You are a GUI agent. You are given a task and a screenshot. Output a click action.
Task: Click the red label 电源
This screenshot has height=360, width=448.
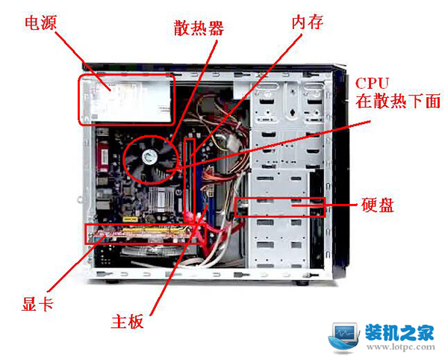pyautogui.click(x=41, y=23)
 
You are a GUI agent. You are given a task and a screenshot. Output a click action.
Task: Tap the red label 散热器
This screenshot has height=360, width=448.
pyautogui.click(x=199, y=28)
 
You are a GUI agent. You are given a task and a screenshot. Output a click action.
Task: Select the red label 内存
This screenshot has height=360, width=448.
pyautogui.click(x=308, y=22)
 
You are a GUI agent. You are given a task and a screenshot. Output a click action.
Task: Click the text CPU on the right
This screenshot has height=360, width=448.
pyautogui.click(x=372, y=84)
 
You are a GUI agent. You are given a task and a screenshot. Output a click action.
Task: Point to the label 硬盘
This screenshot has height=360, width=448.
pyautogui.click(x=378, y=205)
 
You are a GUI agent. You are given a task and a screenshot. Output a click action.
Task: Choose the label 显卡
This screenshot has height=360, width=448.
pyautogui.click(x=37, y=303)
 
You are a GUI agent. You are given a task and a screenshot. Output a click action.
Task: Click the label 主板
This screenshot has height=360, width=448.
pyautogui.click(x=128, y=322)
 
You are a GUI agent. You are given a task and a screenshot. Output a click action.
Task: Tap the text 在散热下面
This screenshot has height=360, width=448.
pyautogui.click(x=398, y=101)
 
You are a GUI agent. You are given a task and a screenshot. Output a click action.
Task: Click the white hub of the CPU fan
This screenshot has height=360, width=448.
pyautogui.click(x=150, y=157)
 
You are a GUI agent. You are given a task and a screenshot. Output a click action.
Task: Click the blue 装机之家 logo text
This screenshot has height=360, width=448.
pyautogui.click(x=399, y=332)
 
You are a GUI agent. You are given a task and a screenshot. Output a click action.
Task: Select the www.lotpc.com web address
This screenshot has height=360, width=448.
pyautogui.click(x=401, y=347)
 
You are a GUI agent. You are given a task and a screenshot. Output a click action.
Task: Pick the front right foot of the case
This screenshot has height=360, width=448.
pyautogui.click(x=302, y=283)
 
